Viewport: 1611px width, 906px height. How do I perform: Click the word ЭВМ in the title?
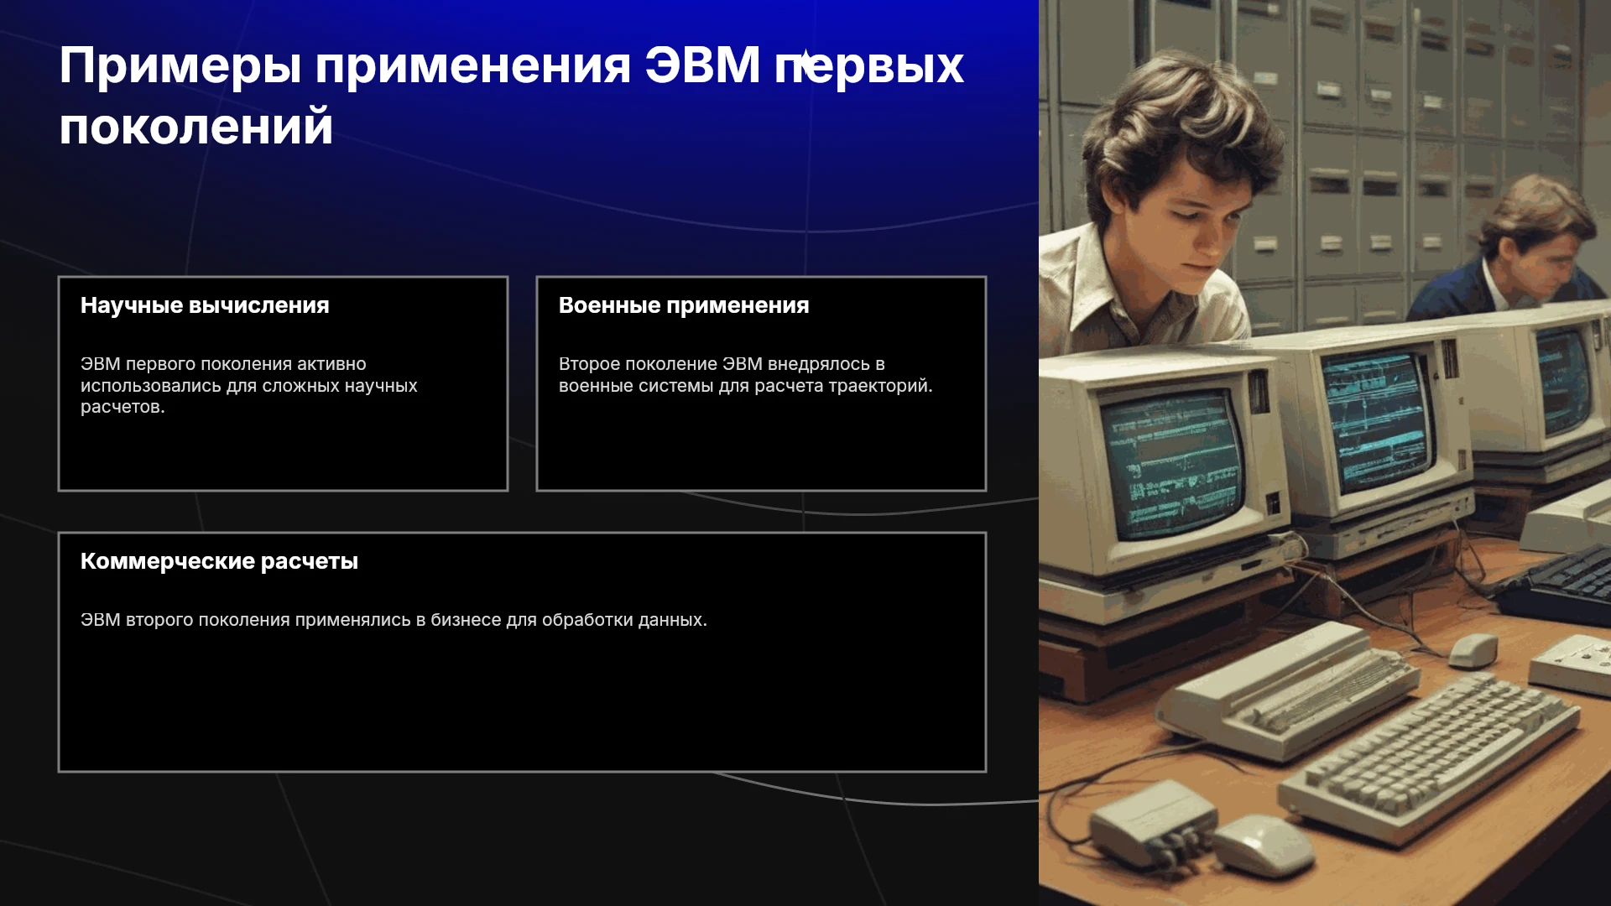(702, 65)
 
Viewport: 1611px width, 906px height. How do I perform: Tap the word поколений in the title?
(196, 128)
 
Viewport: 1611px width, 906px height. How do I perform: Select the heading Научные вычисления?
(205, 305)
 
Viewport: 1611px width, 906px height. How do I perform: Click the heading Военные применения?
(684, 305)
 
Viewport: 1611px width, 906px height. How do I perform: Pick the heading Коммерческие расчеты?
(219, 561)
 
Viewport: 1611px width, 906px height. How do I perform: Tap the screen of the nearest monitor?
(1172, 466)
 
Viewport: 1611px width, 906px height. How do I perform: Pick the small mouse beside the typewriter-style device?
(1473, 649)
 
